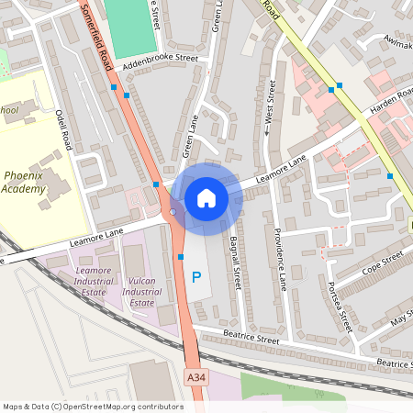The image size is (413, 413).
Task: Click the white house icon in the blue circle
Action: (206, 197)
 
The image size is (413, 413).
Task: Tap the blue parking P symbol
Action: (195, 276)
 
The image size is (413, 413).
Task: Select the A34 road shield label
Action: (195, 377)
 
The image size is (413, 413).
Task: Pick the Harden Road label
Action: (392, 101)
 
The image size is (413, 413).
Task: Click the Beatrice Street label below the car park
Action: (248, 340)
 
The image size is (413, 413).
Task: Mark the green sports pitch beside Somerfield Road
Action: (130, 27)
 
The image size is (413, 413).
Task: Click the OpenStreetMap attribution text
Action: (93, 406)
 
